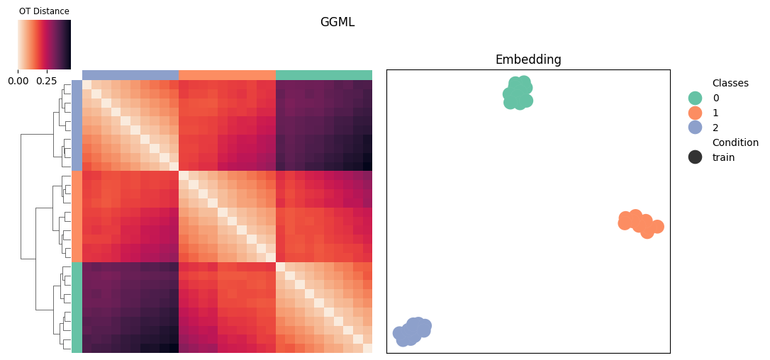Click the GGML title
337,22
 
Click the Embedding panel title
528,60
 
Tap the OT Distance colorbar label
44,11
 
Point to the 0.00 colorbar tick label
18,80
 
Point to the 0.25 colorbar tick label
47,80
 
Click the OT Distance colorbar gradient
44,44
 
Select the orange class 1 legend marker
695,113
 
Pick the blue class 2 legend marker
695,128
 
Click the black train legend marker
695,157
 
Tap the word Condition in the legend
736,142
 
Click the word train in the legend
723,157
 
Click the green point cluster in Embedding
518,93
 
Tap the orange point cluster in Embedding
640,223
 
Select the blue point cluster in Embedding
412,331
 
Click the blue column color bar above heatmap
130,74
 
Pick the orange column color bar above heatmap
227,74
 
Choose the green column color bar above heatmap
323,74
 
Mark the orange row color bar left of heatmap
77,216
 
